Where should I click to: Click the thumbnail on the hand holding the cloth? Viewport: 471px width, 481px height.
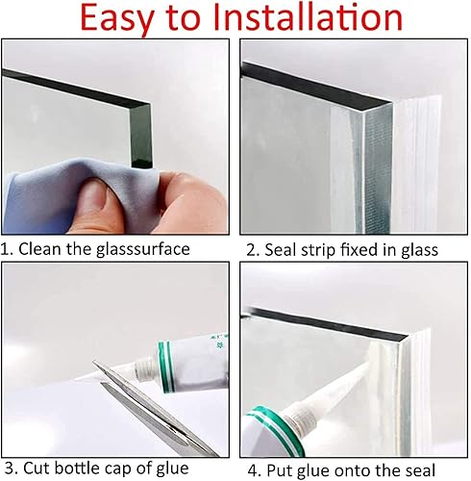(97, 197)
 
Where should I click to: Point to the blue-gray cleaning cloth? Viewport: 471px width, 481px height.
(80, 195)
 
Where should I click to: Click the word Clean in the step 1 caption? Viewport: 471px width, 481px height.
(40, 249)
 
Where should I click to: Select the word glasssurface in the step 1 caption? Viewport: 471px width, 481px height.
(143, 250)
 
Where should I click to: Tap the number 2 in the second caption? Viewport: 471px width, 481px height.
(252, 250)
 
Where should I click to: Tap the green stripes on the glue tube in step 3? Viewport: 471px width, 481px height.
(167, 367)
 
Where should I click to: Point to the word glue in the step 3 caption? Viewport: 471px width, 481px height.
(172, 468)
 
